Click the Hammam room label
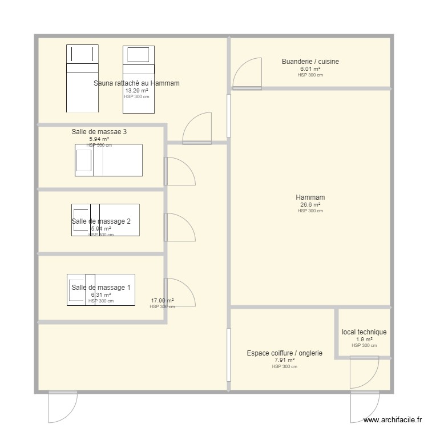[310, 198]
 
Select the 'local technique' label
[364, 332]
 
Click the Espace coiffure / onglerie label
[284, 353]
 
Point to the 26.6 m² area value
[310, 205]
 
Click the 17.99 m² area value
[162, 300]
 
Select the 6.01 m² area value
[310, 68]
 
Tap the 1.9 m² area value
[364, 339]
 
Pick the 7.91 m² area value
[284, 360]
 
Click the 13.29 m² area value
[136, 90]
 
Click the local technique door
[364, 374]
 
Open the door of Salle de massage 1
[179, 292]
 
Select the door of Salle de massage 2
[179, 228]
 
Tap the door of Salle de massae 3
[179, 171]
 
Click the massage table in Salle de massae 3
[108, 160]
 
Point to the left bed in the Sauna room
[83, 78]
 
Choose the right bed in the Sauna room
[139, 78]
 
